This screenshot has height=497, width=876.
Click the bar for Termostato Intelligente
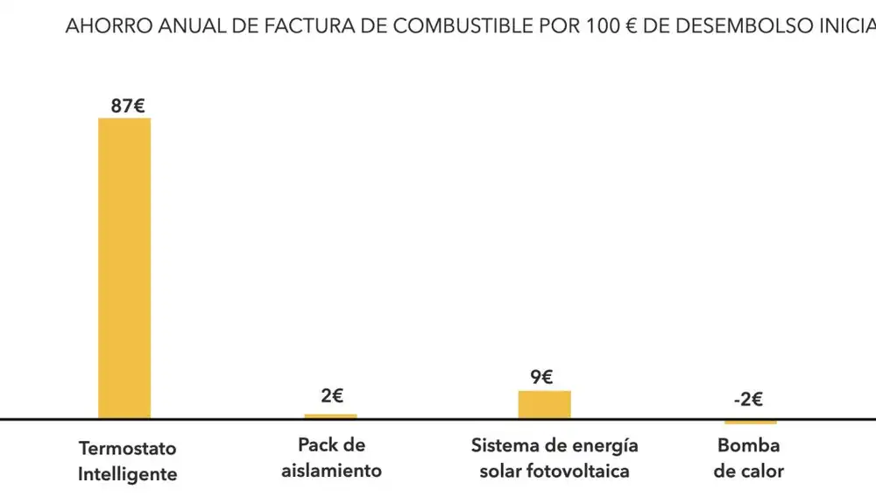point(124,267)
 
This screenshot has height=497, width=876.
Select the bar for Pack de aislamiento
point(330,415)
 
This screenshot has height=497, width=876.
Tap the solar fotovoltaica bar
point(544,404)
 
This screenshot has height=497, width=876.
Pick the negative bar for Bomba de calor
point(750,422)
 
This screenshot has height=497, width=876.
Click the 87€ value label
point(128,105)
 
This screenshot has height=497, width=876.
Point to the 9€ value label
point(541,377)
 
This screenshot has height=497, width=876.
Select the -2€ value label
point(748,401)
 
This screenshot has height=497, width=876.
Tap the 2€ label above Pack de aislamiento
point(332,395)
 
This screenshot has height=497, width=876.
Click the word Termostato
point(127,448)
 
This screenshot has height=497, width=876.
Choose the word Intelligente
point(127,474)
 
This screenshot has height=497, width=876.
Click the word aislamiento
point(332,471)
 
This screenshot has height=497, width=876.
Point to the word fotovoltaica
point(579,471)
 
